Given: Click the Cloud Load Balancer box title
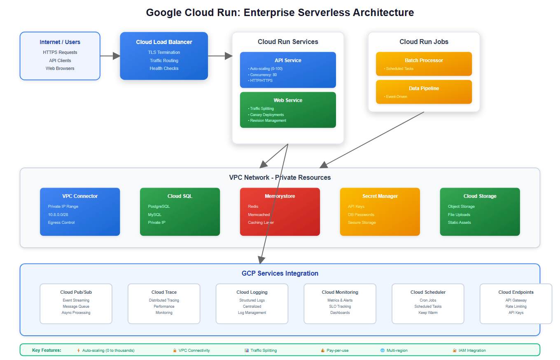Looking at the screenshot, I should (164, 42).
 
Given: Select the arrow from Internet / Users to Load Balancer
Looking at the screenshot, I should (110, 56).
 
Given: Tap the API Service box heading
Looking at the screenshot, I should (288, 60).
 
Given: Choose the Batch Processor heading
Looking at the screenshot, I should (424, 60).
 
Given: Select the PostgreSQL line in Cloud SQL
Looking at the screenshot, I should (159, 207).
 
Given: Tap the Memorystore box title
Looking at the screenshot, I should (280, 196).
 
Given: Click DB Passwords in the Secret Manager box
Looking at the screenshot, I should (361, 215).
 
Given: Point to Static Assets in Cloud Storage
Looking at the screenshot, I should (459, 223).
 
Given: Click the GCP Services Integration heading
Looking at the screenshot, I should (280, 274).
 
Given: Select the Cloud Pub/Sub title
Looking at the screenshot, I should (76, 292).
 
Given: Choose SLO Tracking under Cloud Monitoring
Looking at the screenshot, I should (340, 307).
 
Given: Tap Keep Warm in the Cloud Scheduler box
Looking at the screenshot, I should (428, 313).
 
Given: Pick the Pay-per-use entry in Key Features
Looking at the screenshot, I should (338, 351).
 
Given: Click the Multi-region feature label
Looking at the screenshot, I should (397, 351).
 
